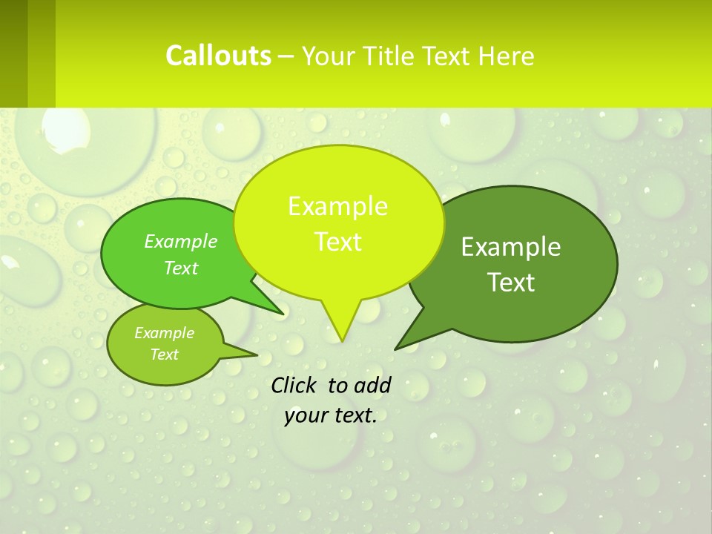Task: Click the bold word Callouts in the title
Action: (x=218, y=56)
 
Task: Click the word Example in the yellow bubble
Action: (x=337, y=206)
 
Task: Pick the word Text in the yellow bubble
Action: (x=337, y=242)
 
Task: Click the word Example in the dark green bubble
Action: (x=511, y=247)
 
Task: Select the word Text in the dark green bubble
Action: (x=511, y=283)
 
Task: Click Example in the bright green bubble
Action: (x=181, y=241)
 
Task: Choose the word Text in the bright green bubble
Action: (x=181, y=268)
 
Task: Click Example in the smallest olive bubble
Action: (x=164, y=333)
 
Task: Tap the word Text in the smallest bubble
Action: (x=164, y=355)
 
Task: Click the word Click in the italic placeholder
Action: (x=294, y=385)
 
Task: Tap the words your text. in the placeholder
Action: (x=330, y=415)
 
